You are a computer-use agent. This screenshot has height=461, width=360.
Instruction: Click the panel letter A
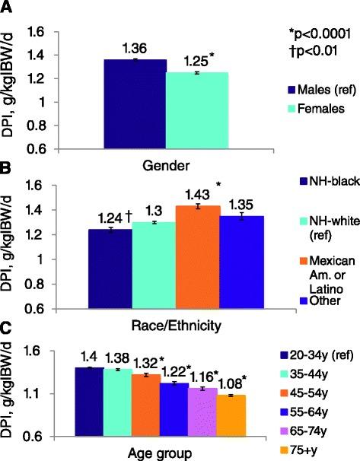tap(8, 8)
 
